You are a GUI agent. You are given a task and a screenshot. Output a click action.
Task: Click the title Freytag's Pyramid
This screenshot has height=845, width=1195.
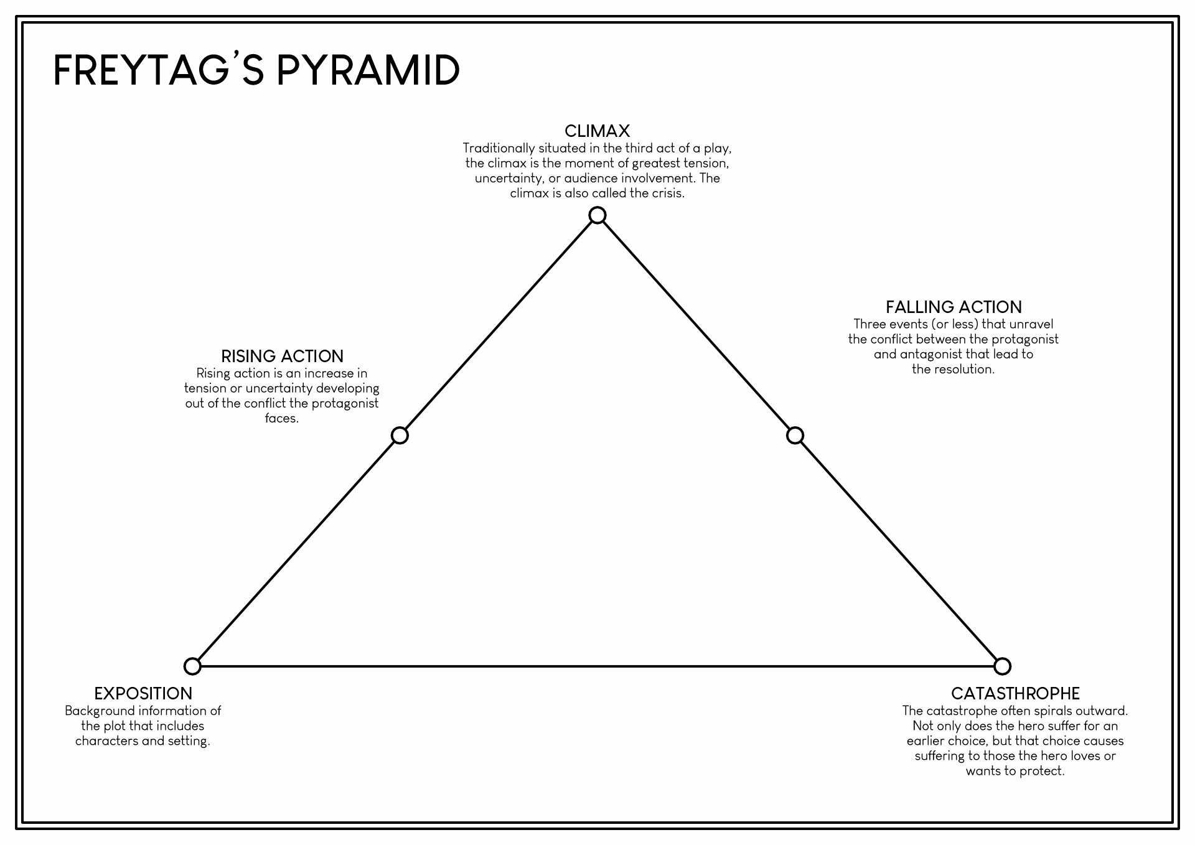coord(256,70)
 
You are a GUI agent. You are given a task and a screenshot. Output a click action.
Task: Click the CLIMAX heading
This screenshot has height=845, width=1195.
coord(597,131)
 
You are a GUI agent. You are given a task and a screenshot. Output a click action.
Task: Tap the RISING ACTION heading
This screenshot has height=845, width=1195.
coord(282,357)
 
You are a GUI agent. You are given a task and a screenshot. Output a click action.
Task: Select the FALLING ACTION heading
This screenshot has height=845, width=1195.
coord(954,307)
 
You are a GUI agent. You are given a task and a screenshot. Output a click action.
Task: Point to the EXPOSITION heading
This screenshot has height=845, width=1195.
coord(143,694)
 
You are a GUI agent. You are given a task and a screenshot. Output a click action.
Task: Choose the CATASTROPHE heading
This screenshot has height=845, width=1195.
coord(1015,694)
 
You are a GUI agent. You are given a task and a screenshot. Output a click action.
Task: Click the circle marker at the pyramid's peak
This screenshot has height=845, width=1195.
coord(597,215)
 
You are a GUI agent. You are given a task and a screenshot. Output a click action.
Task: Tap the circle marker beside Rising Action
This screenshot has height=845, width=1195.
coord(400,436)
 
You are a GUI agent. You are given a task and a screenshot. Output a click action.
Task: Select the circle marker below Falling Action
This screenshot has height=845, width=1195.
coord(795,436)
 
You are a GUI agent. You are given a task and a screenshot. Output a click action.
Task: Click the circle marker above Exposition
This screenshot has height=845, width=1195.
coord(192,666)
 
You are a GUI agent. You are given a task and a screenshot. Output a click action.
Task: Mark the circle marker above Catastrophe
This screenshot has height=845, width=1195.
coord(1002,666)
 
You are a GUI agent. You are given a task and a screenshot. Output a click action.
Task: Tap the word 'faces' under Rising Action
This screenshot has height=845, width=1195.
coord(280,419)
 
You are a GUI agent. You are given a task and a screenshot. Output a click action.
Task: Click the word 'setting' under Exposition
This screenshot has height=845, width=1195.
coord(187,741)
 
